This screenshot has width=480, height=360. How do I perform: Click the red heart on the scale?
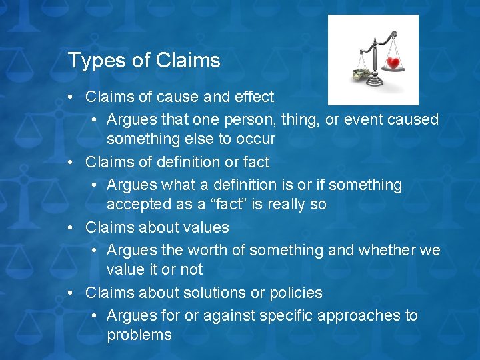pyautogui.click(x=393, y=65)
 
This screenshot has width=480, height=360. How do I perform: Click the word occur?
pyautogui.click(x=257, y=139)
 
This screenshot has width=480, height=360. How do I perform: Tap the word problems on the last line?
pyautogui.click(x=139, y=335)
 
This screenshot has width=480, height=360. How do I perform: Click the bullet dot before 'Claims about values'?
pyautogui.click(x=71, y=227)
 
